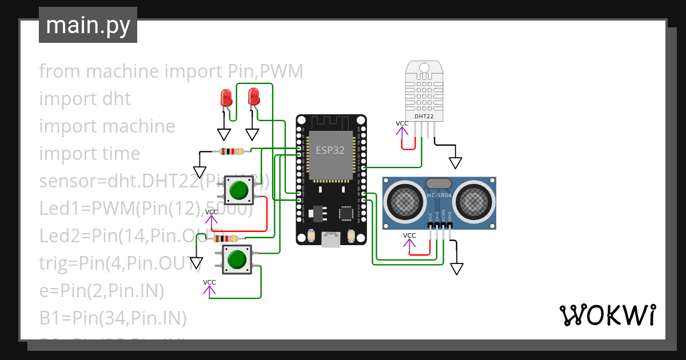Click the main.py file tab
click(x=87, y=25)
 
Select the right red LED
click(x=254, y=96)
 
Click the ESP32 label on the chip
click(x=331, y=150)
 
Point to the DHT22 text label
click(x=423, y=117)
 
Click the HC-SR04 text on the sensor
click(x=438, y=196)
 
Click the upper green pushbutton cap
click(x=240, y=189)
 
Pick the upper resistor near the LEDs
click(x=232, y=151)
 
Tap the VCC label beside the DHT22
click(x=402, y=123)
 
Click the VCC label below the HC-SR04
click(x=409, y=235)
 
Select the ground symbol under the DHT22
click(x=455, y=163)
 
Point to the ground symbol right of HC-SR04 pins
click(x=457, y=269)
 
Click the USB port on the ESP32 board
click(x=330, y=239)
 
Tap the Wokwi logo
click(x=607, y=315)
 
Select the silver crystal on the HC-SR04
click(x=439, y=183)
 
